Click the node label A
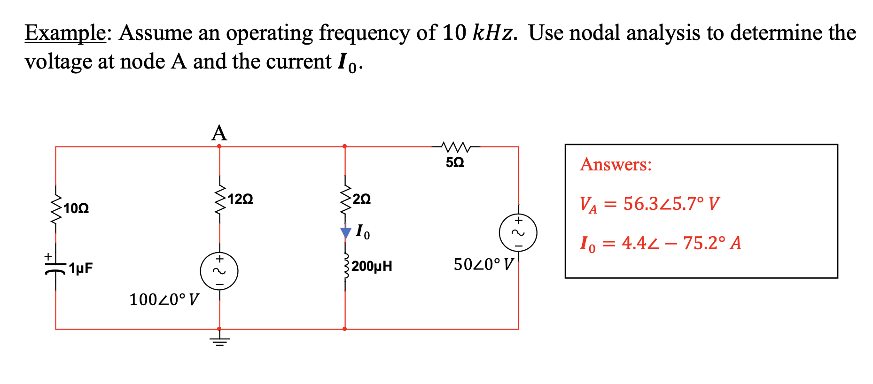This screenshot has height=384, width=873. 219,133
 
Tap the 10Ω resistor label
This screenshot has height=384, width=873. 76,208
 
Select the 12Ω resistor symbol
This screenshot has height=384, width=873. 219,200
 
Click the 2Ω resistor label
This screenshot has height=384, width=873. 362,199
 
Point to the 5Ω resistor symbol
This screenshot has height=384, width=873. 455,147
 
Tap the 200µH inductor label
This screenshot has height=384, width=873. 372,267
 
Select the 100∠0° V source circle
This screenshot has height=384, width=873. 219,271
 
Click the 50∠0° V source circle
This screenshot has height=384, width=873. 518,233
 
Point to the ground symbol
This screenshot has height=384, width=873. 219,341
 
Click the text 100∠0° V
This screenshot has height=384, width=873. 164,300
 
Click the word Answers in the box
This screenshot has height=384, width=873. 616,165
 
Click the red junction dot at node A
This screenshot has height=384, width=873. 219,146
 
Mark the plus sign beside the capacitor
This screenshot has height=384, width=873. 47,257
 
